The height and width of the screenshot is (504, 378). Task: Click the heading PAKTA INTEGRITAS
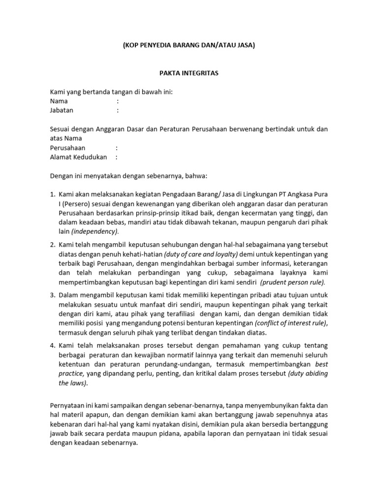pos(189,73)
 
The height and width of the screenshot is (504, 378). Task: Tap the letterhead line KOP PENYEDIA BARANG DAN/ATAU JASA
pos(189,45)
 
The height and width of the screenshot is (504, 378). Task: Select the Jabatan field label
pos(62,110)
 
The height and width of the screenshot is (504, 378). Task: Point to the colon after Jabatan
pos(118,110)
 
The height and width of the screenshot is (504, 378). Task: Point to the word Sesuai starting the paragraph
pos(61,129)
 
